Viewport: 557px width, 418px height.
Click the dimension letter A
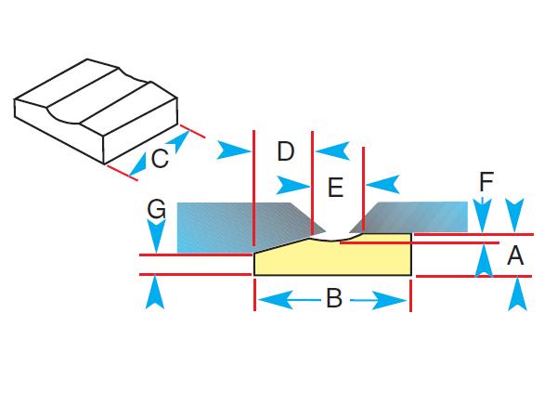point(516,255)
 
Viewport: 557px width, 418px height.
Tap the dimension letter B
point(333,299)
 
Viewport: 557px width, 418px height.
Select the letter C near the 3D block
point(160,159)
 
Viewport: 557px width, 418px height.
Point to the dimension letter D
point(285,150)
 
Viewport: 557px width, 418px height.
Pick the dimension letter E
point(336,189)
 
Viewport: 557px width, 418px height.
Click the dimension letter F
point(486,182)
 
